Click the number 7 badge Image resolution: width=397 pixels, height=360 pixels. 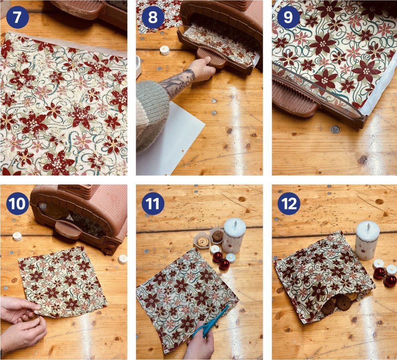point(17,17)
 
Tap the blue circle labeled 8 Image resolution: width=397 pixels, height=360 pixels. point(153,17)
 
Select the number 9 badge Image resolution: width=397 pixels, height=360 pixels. point(289,17)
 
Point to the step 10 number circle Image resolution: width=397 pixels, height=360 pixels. point(17,204)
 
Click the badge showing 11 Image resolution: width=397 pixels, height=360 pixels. point(153,204)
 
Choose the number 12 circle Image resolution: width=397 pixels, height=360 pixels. point(289,204)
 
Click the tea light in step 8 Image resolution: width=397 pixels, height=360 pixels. point(165,50)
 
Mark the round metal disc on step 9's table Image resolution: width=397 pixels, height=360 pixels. point(335,129)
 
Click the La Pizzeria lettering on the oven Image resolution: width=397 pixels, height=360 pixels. point(74,188)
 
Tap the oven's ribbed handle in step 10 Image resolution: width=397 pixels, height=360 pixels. point(68,229)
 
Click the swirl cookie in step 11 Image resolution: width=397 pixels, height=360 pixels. point(202,242)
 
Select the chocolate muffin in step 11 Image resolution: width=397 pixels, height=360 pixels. point(217,236)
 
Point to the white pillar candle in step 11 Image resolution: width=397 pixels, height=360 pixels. point(234,235)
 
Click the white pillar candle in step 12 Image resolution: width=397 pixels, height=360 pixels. point(367,240)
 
